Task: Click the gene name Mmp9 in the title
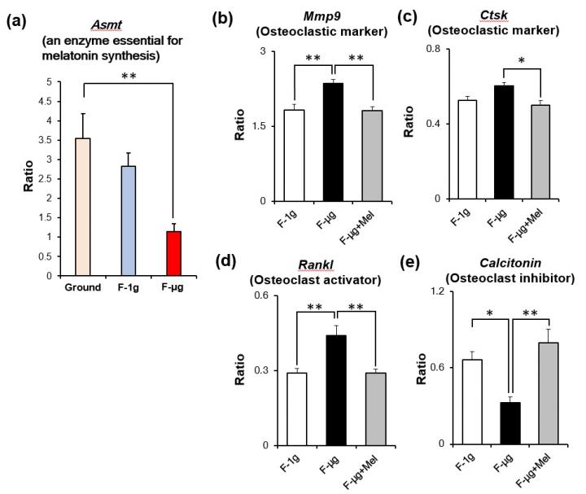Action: click(x=332, y=15)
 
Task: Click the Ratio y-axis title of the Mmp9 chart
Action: click(x=241, y=126)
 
